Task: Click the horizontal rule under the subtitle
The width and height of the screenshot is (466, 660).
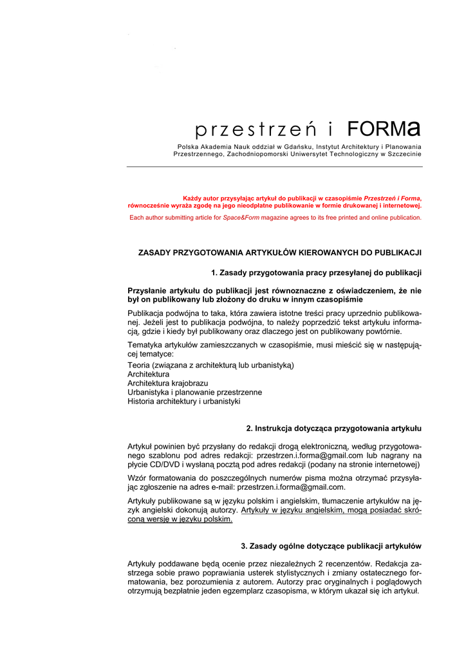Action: pyautogui.click(x=274, y=166)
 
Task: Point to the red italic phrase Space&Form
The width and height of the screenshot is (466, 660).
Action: pyautogui.click(x=239, y=218)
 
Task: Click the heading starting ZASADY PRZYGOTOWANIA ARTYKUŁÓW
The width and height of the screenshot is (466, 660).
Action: pyautogui.click(x=279, y=253)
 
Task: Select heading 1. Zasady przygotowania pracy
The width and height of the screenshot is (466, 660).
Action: pyautogui.click(x=315, y=273)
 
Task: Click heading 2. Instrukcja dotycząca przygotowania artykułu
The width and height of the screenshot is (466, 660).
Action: pyautogui.click(x=333, y=429)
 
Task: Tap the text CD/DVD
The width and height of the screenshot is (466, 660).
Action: pyautogui.click(x=160, y=464)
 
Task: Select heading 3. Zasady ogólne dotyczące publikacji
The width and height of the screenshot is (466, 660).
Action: pyautogui.click(x=331, y=547)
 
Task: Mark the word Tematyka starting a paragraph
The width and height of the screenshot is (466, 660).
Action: pyautogui.click(x=146, y=346)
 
